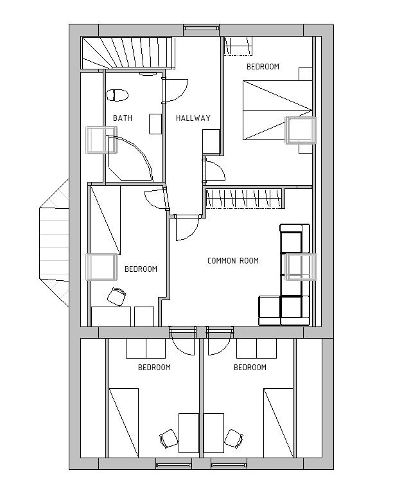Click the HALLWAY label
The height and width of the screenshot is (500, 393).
point(193,118)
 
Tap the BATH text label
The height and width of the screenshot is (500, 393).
point(123,118)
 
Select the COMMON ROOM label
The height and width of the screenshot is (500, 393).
point(233,260)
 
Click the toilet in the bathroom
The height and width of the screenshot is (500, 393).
point(118,95)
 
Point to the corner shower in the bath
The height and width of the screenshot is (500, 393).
point(129,159)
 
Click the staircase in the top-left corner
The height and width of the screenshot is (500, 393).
point(128,53)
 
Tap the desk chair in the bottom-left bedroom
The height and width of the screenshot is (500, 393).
point(117,296)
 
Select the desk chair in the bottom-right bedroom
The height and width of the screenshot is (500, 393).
point(234,438)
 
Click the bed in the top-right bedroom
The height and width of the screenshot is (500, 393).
point(277,110)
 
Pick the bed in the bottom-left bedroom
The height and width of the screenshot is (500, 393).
point(124,423)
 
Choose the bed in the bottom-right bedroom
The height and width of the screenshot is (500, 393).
point(278,423)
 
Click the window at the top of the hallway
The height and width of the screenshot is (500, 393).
point(202,28)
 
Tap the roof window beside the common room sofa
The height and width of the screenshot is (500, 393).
point(301,267)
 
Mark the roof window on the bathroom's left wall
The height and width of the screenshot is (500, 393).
point(101,140)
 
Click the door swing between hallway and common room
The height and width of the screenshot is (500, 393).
point(187,228)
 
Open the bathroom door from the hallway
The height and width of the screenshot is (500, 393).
point(175,90)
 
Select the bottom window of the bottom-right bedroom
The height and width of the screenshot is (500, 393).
point(229,465)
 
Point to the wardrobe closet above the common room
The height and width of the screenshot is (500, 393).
point(245,199)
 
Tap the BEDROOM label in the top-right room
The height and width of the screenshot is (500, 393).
point(263,67)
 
